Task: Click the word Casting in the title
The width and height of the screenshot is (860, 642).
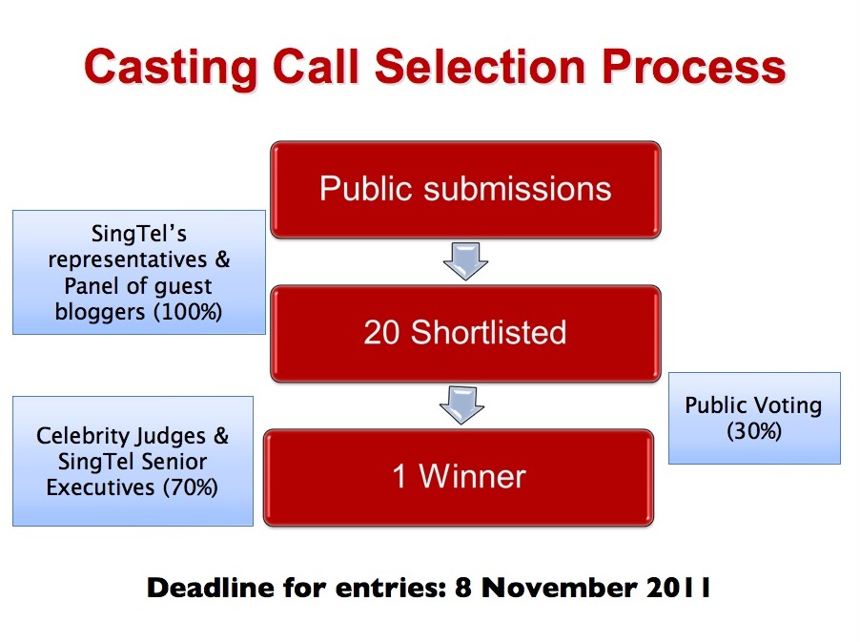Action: (171, 68)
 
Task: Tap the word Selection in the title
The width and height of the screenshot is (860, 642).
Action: (481, 66)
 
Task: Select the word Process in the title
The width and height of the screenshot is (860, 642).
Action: (694, 67)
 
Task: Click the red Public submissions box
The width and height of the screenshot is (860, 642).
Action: (465, 190)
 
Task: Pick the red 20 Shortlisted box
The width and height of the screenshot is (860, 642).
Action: (465, 334)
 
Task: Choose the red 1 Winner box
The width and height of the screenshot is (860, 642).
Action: (459, 477)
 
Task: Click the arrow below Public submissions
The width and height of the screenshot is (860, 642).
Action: (465, 261)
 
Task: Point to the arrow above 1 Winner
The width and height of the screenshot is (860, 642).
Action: (461, 405)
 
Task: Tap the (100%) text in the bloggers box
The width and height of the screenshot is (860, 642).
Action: (188, 312)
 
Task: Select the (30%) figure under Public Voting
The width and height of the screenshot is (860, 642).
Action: (754, 431)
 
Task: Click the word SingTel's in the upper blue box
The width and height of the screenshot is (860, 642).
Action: (139, 234)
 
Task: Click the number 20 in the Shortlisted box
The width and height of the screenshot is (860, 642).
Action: (381, 333)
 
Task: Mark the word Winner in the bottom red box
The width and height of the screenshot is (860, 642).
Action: (473, 476)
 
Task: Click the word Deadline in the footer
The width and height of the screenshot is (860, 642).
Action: (210, 588)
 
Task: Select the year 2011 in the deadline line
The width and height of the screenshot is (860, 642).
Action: (679, 588)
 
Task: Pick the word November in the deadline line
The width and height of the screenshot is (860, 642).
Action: (560, 589)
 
